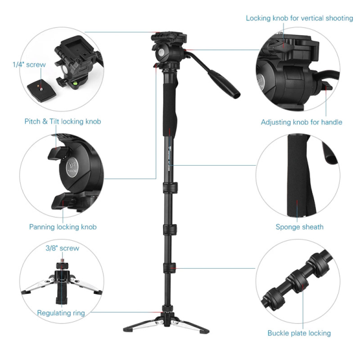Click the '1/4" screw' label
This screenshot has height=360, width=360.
pos(29,64)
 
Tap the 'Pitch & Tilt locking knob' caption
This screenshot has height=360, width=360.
pos(63,122)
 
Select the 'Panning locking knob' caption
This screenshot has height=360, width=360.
pos(63,227)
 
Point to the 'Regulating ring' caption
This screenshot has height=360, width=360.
pos(61,313)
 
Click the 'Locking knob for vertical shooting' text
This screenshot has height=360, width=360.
pos(299,18)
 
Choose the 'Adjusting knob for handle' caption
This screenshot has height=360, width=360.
pos(302,122)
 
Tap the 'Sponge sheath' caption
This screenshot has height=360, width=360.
pos(299,227)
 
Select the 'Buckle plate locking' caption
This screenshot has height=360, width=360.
pos(299,333)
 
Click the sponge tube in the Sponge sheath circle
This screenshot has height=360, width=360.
pos(299,176)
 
